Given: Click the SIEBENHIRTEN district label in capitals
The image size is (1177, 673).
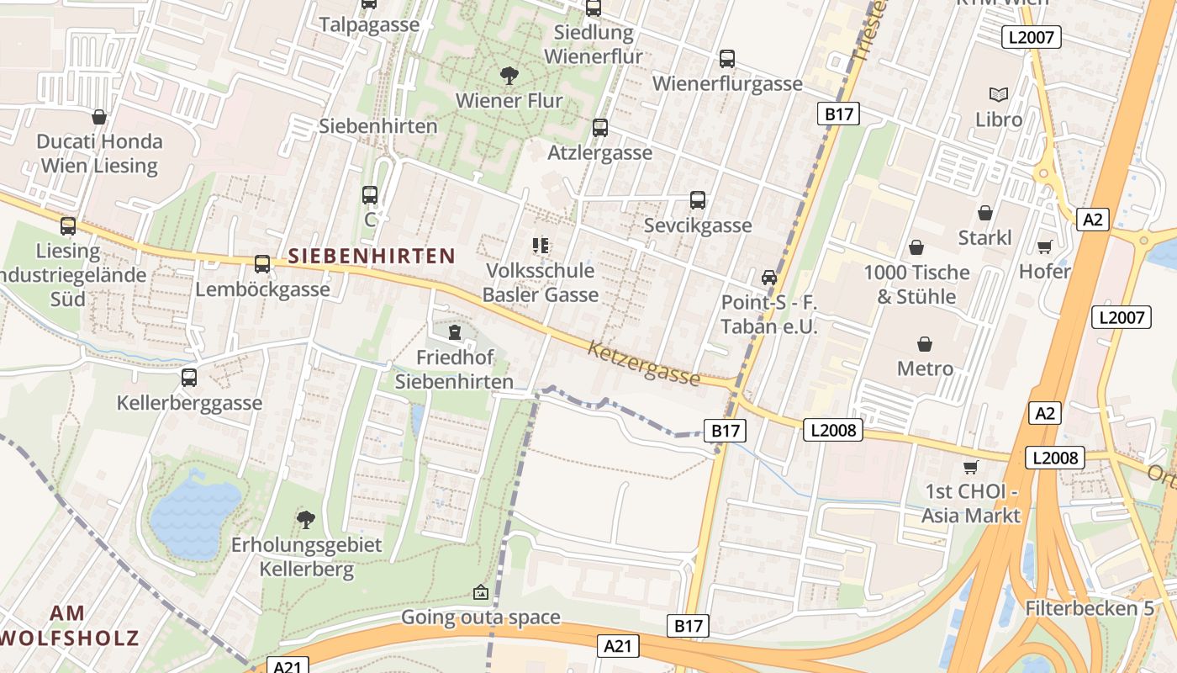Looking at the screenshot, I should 372,256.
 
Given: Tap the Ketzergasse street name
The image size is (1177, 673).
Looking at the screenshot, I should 644,363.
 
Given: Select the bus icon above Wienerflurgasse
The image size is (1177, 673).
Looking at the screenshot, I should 727,59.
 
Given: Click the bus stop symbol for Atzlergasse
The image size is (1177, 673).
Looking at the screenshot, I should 600,128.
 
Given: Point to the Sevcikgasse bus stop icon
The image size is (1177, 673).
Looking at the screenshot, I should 698,200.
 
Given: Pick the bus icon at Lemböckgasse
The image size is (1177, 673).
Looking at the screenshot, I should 262,264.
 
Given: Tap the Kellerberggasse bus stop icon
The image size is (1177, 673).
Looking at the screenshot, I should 189,378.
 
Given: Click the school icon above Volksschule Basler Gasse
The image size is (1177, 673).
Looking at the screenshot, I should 541,246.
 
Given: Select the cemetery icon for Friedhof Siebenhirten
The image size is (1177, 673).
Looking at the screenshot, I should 455,332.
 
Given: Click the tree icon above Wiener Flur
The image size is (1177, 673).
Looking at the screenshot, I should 509,76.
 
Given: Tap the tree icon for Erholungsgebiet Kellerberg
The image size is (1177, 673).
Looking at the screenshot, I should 307,519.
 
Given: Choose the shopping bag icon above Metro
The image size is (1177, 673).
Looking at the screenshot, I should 925,344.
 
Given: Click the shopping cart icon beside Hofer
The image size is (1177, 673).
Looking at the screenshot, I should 1045,246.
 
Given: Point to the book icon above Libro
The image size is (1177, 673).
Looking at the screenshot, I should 999,94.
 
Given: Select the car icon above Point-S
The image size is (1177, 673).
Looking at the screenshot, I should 769,277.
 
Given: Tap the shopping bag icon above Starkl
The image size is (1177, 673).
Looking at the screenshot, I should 985,213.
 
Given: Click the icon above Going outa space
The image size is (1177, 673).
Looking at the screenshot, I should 480,592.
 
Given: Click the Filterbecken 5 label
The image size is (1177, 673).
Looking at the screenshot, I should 1090,607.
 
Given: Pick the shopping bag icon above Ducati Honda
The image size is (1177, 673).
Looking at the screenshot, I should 99,116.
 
